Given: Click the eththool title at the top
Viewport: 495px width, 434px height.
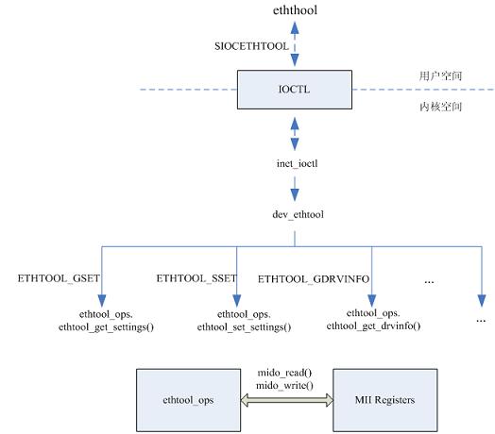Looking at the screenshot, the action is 295,10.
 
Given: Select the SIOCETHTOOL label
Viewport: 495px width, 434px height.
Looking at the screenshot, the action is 251,46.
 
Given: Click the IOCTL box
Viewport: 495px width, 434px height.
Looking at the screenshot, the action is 295,90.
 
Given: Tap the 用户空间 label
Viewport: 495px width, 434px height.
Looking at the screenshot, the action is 441,76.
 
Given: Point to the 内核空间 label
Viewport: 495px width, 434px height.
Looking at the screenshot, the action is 441,107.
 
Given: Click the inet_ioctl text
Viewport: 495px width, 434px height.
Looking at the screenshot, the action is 297,164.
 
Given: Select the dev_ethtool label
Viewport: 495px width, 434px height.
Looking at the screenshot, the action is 298,214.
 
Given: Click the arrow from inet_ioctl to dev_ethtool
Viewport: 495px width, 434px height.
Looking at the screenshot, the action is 295,189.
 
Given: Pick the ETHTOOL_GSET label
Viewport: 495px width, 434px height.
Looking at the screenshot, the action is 59,278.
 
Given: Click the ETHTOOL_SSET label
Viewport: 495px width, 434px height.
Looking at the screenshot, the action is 196,278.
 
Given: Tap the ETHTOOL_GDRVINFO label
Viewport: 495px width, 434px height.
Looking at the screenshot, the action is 314,279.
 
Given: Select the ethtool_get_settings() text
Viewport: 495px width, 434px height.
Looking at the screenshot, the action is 106,327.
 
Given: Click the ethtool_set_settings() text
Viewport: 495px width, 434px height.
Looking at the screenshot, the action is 244,327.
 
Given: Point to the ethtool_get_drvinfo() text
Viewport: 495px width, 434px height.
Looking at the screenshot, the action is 373,325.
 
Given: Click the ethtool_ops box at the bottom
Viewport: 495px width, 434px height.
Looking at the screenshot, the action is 189,400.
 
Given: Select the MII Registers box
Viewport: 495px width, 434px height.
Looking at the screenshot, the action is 385,400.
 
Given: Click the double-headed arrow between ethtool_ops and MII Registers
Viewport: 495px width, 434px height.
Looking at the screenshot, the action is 286,400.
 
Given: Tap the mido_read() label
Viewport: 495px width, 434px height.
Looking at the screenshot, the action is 284,373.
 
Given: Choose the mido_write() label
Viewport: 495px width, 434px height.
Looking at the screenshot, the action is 284,386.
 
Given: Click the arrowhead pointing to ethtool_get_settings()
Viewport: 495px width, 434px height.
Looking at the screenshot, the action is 102,301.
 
